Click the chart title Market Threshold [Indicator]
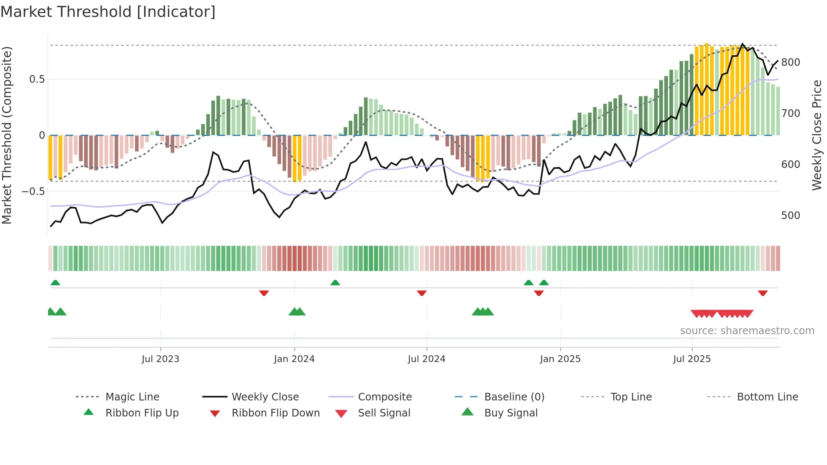point(108,12)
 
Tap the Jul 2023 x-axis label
point(160,359)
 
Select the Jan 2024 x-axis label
point(294,359)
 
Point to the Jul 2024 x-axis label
point(427,359)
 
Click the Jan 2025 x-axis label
point(560,359)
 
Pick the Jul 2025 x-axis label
point(692,359)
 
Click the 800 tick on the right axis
point(791,62)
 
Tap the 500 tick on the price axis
point(791,216)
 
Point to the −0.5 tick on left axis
point(33,192)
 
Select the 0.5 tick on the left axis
point(37,79)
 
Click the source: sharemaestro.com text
point(747,331)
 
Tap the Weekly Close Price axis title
point(817,135)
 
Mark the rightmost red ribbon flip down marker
point(762,293)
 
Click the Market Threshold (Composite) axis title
point(7,135)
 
